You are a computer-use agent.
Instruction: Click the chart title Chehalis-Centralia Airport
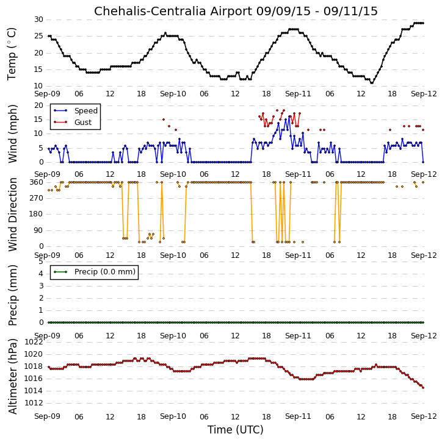point(173,11)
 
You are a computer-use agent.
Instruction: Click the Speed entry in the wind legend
point(86,110)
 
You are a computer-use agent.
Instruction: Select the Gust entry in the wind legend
point(83,122)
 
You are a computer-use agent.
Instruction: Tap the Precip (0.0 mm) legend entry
point(105,272)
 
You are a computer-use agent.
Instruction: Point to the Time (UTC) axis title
point(236,430)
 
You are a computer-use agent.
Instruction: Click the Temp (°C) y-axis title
point(12,54)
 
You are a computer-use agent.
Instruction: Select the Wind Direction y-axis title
point(12,215)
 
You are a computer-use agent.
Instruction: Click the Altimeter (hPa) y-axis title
point(12,377)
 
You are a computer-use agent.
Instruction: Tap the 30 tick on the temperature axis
point(38,20)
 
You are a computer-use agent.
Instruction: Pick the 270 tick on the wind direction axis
point(37,198)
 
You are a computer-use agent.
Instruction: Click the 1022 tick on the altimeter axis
point(34,342)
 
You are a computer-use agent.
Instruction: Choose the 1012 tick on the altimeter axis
point(34,403)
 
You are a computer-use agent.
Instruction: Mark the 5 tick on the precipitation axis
point(41,262)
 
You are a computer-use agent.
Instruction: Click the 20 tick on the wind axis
point(38,105)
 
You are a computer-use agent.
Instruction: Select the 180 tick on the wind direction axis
point(37,214)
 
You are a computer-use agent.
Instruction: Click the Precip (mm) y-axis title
point(12,296)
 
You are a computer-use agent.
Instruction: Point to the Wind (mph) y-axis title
point(12,134)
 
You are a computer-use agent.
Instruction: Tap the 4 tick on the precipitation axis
point(41,274)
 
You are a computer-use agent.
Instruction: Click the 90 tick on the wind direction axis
point(38,230)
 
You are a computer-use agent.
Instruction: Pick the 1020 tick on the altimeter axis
point(34,354)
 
